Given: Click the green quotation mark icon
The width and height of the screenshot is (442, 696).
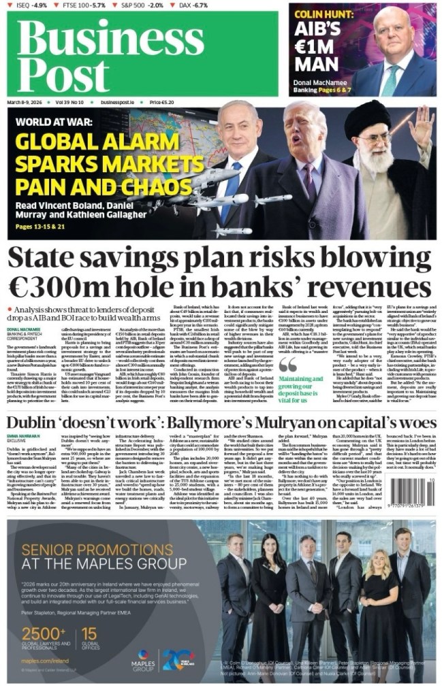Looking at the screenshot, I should click(288, 364).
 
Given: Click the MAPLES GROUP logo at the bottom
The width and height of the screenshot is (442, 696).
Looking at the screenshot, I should click(144, 659).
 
